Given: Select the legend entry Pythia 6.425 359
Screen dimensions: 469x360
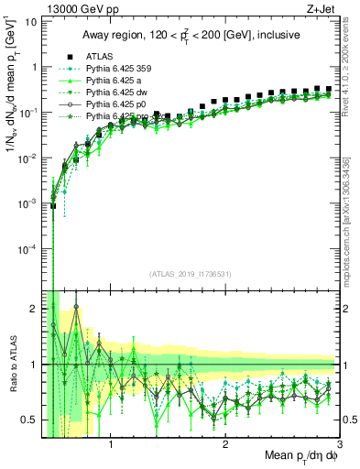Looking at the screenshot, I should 115,68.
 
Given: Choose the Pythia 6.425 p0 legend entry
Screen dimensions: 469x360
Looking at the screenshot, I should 113,105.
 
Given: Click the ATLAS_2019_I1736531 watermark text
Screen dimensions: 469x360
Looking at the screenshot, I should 190,274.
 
